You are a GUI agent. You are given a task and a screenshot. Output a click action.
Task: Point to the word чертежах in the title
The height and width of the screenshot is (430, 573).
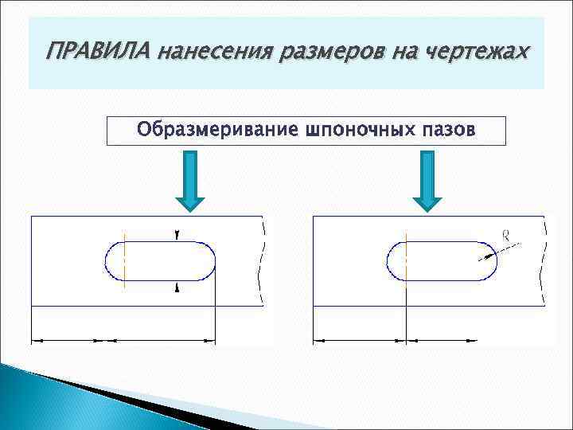click(x=474, y=53)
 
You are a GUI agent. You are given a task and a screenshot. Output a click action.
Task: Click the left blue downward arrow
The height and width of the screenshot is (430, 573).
click(x=191, y=182)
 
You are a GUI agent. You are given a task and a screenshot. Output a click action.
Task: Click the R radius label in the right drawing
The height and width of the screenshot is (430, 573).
click(x=505, y=234)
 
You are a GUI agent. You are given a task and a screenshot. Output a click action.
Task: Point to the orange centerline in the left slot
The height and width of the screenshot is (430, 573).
click(x=125, y=260)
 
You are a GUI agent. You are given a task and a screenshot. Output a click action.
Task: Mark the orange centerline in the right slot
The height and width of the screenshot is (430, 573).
click(x=406, y=260)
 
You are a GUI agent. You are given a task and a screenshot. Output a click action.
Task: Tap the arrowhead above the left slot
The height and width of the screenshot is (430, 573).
click(x=177, y=236)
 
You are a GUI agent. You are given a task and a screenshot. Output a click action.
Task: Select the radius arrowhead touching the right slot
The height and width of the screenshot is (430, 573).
click(x=482, y=256)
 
